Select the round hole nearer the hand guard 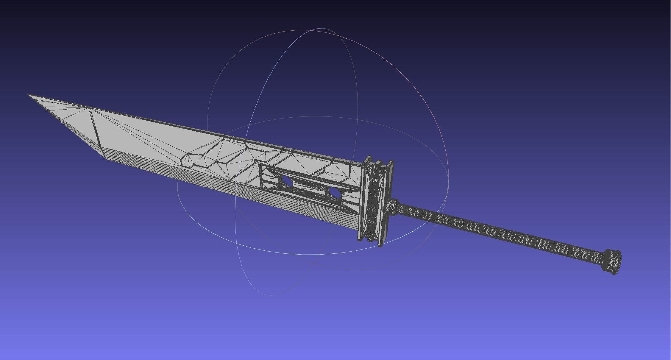click(334, 194)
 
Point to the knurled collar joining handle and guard click(393, 207)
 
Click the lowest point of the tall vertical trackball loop click(271, 295)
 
